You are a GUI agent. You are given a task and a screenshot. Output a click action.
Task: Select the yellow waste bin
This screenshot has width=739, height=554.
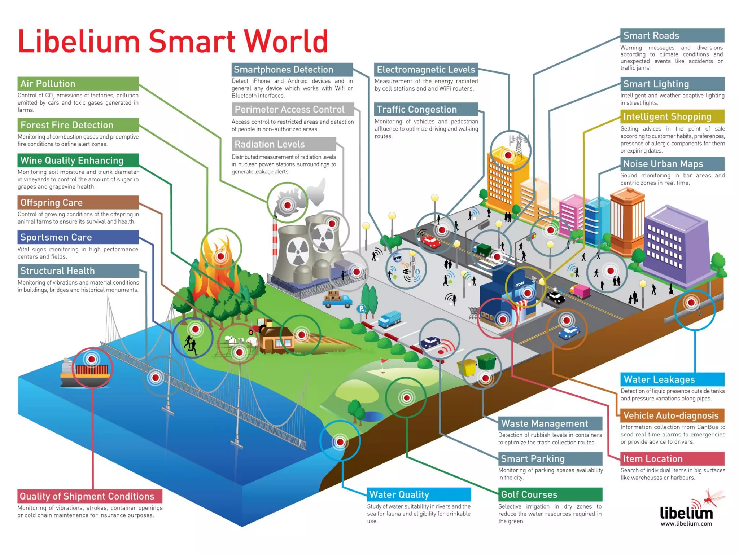click(467, 367)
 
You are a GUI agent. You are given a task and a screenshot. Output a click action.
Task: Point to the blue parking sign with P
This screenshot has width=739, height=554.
click(361, 309)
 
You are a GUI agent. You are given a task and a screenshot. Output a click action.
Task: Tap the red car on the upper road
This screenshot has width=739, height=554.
click(430, 241)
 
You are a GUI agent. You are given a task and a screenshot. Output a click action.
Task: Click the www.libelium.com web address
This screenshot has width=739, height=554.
click(686, 524)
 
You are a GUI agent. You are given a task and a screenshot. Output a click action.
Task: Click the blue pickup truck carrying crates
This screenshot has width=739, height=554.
click(338, 300)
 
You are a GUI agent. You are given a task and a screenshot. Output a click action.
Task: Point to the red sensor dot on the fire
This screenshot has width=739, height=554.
click(220, 256)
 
